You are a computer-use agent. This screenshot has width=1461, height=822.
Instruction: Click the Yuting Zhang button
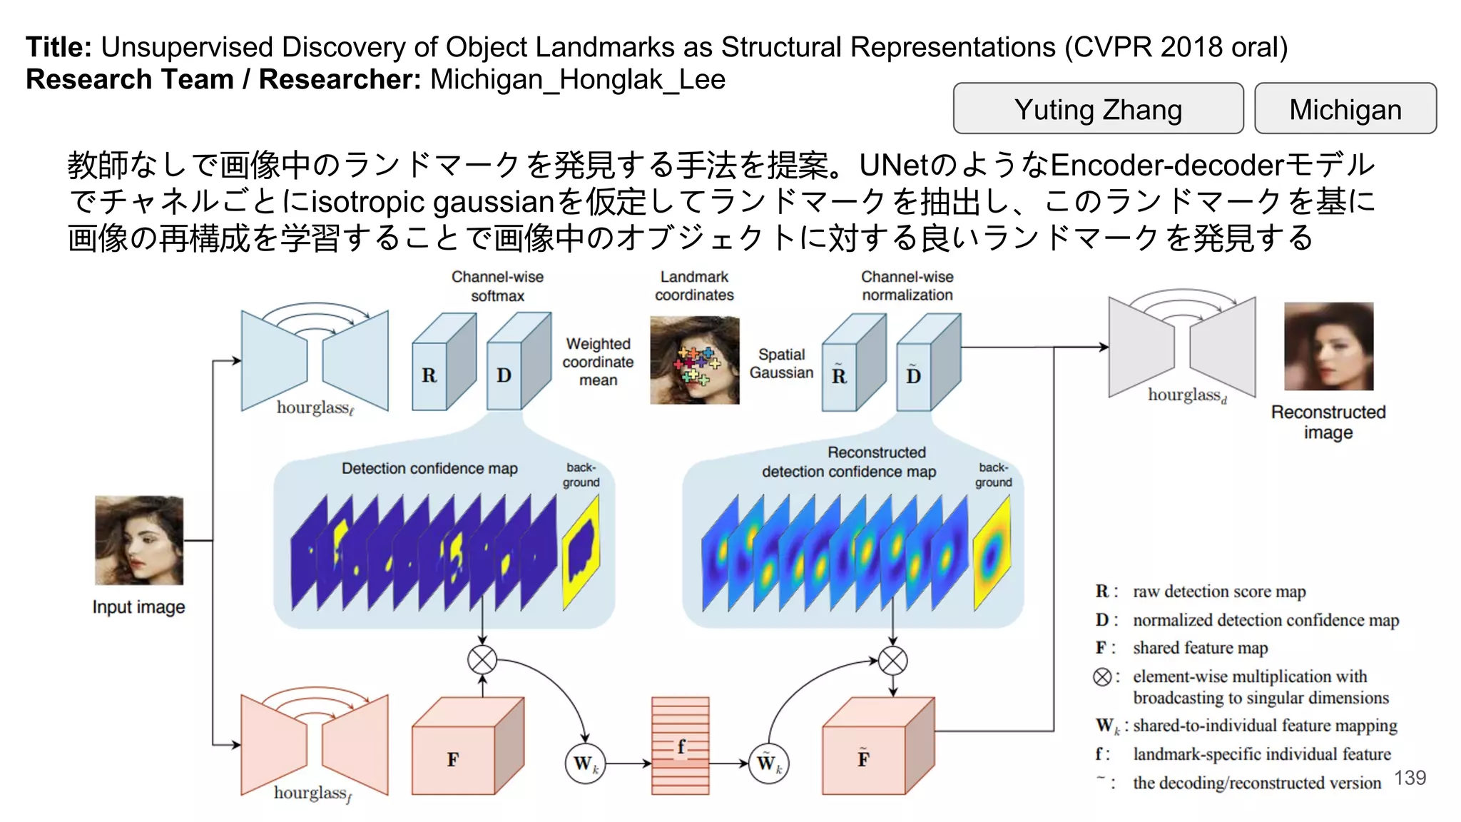(x=1098, y=108)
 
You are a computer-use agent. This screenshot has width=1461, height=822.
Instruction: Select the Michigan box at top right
(x=1345, y=108)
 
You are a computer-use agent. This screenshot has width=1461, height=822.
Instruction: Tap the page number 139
(x=1410, y=778)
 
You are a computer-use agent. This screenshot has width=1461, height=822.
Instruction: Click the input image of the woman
(x=139, y=540)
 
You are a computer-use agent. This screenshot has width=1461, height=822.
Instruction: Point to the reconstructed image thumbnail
(x=1328, y=347)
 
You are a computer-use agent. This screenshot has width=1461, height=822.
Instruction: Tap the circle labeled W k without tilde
(x=585, y=764)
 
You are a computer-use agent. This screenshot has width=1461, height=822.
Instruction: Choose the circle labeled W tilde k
(x=769, y=764)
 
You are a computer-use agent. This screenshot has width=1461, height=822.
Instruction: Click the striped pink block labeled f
(x=680, y=746)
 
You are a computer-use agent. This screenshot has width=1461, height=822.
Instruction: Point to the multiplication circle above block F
(x=482, y=659)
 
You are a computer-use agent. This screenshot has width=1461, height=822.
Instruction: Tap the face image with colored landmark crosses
(x=694, y=361)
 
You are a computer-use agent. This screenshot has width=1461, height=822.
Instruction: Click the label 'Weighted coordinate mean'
(x=598, y=362)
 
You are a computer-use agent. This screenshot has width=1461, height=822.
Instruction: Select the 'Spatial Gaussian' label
(x=781, y=363)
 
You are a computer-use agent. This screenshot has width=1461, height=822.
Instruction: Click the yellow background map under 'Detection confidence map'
(x=581, y=553)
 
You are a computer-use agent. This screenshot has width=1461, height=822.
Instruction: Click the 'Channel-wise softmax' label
(x=497, y=286)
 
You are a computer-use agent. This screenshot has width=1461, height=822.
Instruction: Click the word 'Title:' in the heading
(x=58, y=47)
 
